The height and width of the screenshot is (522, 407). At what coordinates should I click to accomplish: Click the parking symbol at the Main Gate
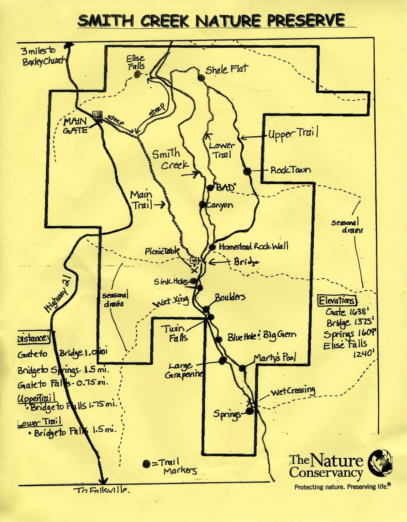pyautogui.click(x=97, y=115)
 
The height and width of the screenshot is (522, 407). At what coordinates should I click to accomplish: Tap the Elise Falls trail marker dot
pyautogui.click(x=137, y=75)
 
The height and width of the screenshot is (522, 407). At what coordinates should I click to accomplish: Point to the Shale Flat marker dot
pyautogui.click(x=201, y=78)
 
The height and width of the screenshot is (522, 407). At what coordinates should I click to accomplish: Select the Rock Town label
pyautogui.click(x=290, y=170)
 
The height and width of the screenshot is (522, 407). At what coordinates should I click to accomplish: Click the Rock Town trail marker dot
pyautogui.click(x=247, y=171)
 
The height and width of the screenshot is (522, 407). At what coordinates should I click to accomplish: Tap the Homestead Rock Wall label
pyautogui.click(x=253, y=246)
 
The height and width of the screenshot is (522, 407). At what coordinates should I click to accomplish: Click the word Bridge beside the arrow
pyautogui.click(x=246, y=262)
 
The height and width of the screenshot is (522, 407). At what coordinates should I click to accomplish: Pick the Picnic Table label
pyautogui.click(x=162, y=251)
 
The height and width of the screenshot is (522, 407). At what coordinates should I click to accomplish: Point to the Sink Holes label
pyautogui.click(x=171, y=281)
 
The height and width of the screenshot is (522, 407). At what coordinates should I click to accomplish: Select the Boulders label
pyautogui.click(x=230, y=297)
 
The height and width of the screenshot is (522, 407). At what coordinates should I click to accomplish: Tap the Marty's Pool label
pyautogui.click(x=275, y=358)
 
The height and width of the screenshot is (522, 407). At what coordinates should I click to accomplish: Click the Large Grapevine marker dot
pyautogui.click(x=223, y=360)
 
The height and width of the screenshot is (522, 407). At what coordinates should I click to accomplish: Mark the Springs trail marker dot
pyautogui.click(x=249, y=411)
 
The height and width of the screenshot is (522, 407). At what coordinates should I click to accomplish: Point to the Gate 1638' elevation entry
pyautogui.click(x=347, y=312)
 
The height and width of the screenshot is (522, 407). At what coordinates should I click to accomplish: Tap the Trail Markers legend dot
pyautogui.click(x=146, y=464)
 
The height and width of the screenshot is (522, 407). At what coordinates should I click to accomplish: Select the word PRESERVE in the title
pyautogui.click(x=306, y=21)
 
